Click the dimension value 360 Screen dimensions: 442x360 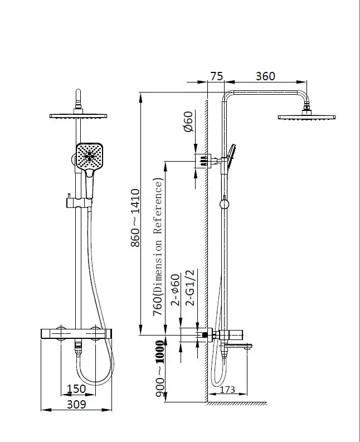(x=265, y=76)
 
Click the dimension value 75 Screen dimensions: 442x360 (x=217, y=76)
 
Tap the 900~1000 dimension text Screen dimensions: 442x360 (x=160, y=368)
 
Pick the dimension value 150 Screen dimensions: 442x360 (x=76, y=388)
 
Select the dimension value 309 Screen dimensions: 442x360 (x=76, y=404)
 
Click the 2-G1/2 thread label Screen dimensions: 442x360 (x=190, y=288)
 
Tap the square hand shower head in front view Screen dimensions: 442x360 (x=89, y=157)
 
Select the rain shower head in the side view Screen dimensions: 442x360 (x=307, y=117)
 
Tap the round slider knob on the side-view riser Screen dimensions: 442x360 (x=224, y=205)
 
